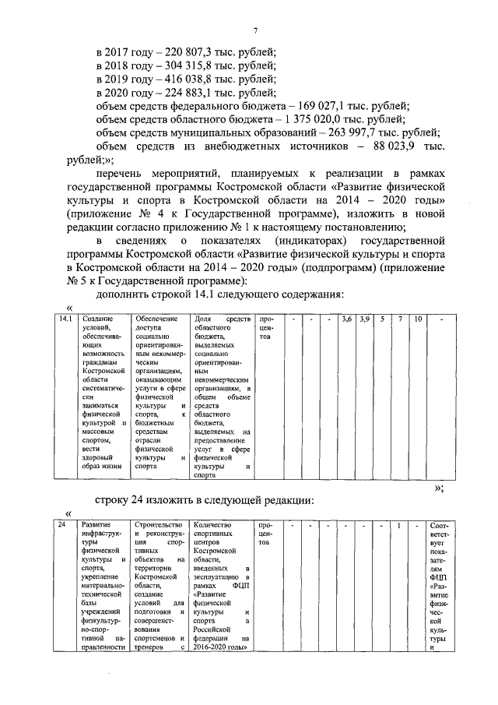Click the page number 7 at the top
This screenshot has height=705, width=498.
254,30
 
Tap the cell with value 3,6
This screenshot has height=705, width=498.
347,319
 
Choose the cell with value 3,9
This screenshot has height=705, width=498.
364,319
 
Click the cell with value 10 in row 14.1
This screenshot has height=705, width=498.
418,319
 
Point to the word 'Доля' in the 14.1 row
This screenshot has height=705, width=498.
202,319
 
